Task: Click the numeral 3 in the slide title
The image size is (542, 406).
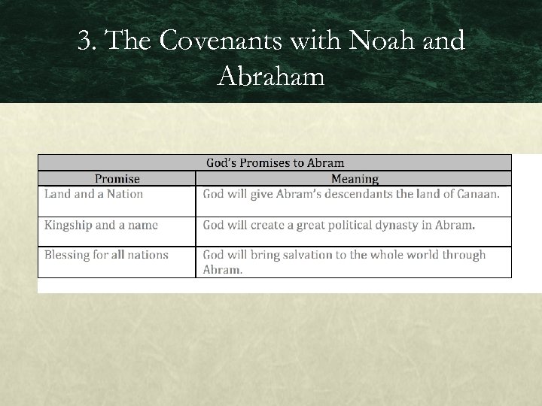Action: coord(85,41)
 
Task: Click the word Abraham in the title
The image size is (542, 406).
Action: coord(271,76)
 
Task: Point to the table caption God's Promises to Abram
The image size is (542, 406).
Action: coord(275,162)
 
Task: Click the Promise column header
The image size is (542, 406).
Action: coord(117,179)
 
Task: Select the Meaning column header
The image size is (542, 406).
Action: coord(355,179)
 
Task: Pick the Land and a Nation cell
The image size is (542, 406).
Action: coord(93,194)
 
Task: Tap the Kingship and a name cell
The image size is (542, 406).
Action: coord(101,225)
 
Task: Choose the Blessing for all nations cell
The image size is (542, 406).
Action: coord(106,255)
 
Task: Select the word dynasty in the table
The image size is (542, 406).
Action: coord(403,225)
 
